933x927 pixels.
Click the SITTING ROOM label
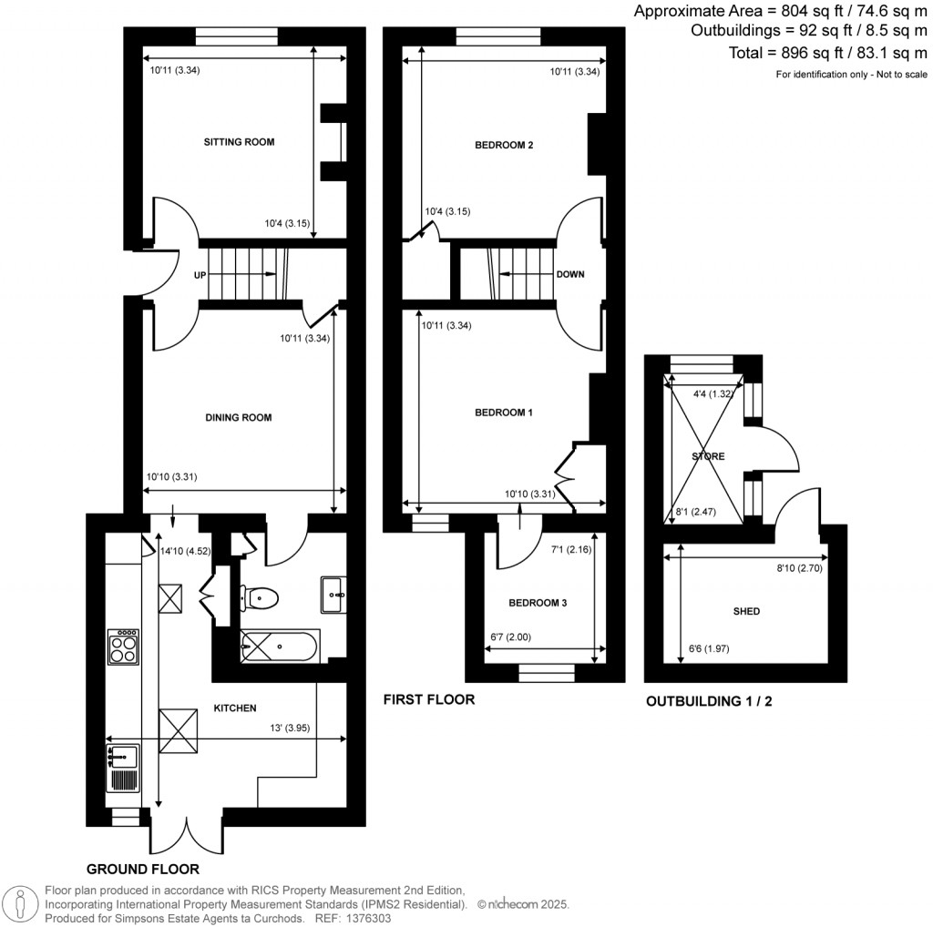coord(239,142)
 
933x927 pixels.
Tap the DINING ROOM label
coord(239,418)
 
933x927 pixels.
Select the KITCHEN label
coord(235,708)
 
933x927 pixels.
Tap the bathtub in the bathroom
coord(278,648)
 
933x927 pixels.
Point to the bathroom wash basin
coord(332,596)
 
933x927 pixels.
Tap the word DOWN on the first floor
coord(569,274)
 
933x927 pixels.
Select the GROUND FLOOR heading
coord(143,869)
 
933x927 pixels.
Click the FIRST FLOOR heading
coord(428,699)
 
